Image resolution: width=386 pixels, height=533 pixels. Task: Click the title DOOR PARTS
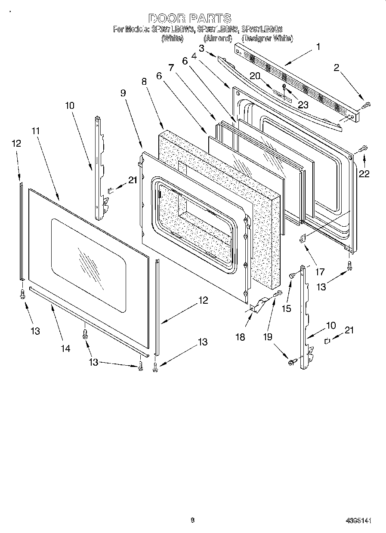tap(190, 18)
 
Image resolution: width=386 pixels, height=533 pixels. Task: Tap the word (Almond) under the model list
tap(218, 39)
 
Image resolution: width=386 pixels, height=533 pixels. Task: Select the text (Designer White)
tap(267, 39)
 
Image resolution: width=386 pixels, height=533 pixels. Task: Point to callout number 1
tap(318, 47)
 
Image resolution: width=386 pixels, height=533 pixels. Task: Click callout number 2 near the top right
tap(336, 67)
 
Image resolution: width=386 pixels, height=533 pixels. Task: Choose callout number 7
tap(171, 68)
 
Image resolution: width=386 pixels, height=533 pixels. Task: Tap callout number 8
tap(144, 81)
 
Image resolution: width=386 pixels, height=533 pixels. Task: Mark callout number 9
tap(123, 92)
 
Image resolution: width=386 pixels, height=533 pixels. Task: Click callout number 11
tap(35, 129)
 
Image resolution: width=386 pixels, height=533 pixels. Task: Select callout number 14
tap(65, 349)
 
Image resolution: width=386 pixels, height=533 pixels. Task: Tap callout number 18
tap(240, 337)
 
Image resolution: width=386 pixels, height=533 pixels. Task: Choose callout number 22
tap(364, 173)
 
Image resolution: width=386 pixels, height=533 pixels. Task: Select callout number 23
tap(303, 105)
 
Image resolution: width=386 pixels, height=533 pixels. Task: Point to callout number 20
tap(255, 76)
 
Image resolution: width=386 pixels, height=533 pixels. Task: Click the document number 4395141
tap(358, 521)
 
